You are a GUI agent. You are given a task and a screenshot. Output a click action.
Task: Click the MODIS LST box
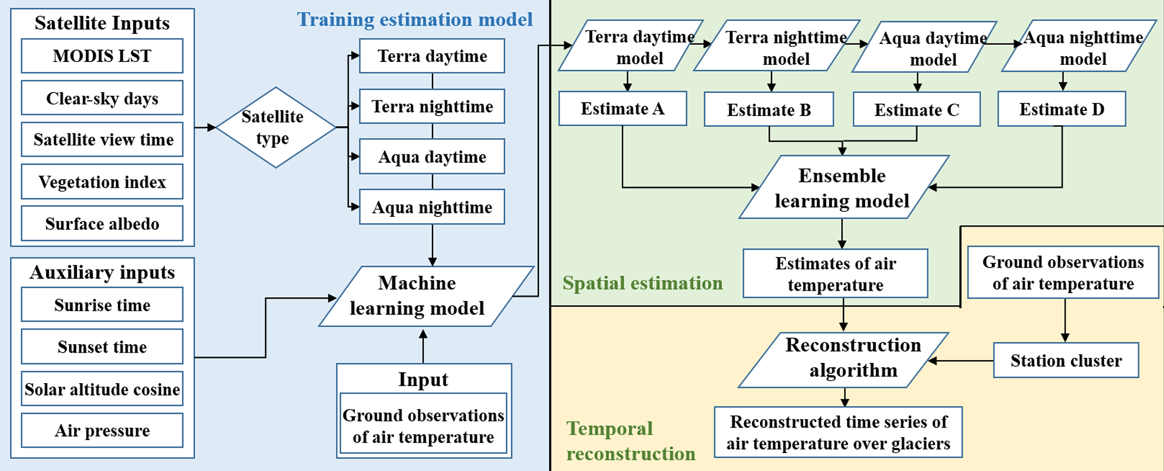pos(102,56)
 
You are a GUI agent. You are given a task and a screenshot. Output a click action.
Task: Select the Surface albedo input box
pos(102,224)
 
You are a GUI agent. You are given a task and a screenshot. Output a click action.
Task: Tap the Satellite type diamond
pos(275,127)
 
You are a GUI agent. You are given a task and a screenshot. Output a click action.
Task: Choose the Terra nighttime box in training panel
pos(432,106)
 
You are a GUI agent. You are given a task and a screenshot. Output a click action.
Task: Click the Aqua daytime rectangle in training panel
pos(432,157)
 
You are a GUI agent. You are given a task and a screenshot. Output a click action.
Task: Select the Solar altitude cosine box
pos(102,389)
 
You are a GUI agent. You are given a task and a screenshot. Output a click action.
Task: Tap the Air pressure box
pos(102,430)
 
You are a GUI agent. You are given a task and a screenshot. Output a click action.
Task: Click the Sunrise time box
pos(102,305)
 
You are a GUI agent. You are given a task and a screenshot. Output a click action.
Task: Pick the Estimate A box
pos(622,109)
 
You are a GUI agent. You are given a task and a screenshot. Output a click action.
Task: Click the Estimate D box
pos(1062,109)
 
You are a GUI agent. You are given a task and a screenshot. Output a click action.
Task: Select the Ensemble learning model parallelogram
pos(842,188)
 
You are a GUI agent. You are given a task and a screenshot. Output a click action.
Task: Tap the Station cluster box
pos(1065,361)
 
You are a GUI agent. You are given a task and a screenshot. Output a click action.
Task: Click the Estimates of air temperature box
pos(835,274)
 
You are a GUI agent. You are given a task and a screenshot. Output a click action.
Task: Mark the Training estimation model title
pos(414,20)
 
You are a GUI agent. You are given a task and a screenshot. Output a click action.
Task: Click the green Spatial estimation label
pos(642,283)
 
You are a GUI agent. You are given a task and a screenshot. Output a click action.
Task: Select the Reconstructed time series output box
pos(838,432)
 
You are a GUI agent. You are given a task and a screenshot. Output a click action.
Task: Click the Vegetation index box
pos(102,182)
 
